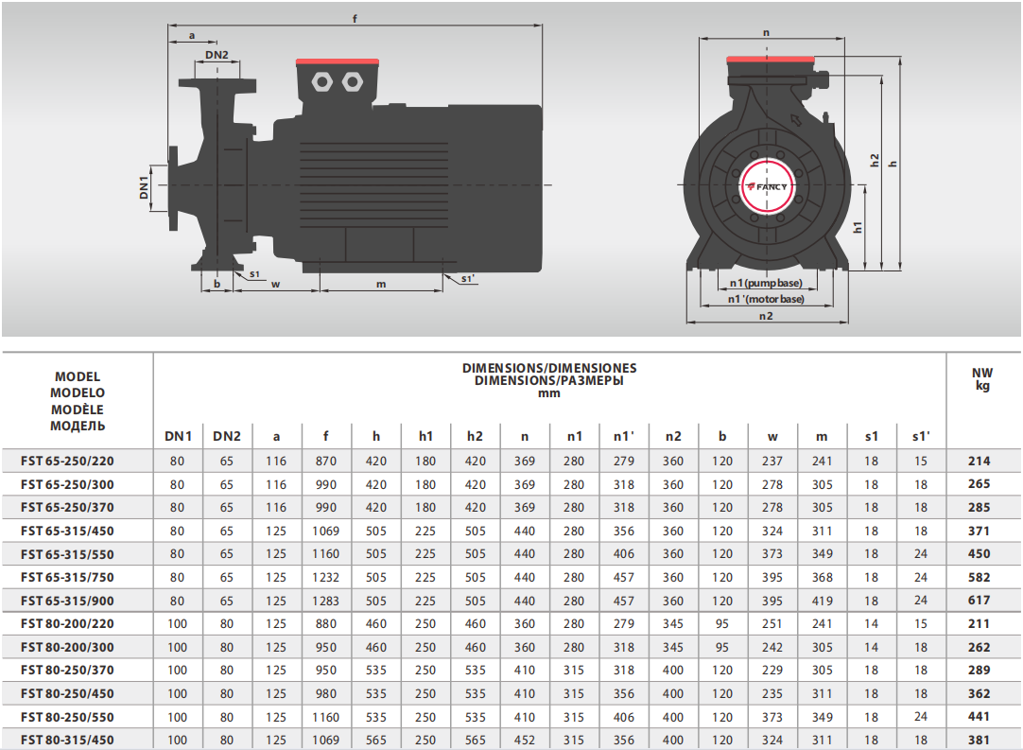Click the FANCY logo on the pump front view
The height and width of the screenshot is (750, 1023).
[768, 186]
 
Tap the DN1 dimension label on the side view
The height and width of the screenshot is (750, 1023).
[144, 188]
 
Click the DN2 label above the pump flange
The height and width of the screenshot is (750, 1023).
[217, 55]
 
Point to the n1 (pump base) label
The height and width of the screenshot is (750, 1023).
[765, 284]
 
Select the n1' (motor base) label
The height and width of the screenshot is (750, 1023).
[766, 299]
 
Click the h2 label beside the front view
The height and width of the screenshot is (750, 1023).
[875, 160]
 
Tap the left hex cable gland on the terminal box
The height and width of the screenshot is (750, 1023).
[322, 81]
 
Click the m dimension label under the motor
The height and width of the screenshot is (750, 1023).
[381, 284]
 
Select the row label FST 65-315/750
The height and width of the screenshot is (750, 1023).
[67, 577]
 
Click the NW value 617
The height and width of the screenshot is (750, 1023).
[979, 600]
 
